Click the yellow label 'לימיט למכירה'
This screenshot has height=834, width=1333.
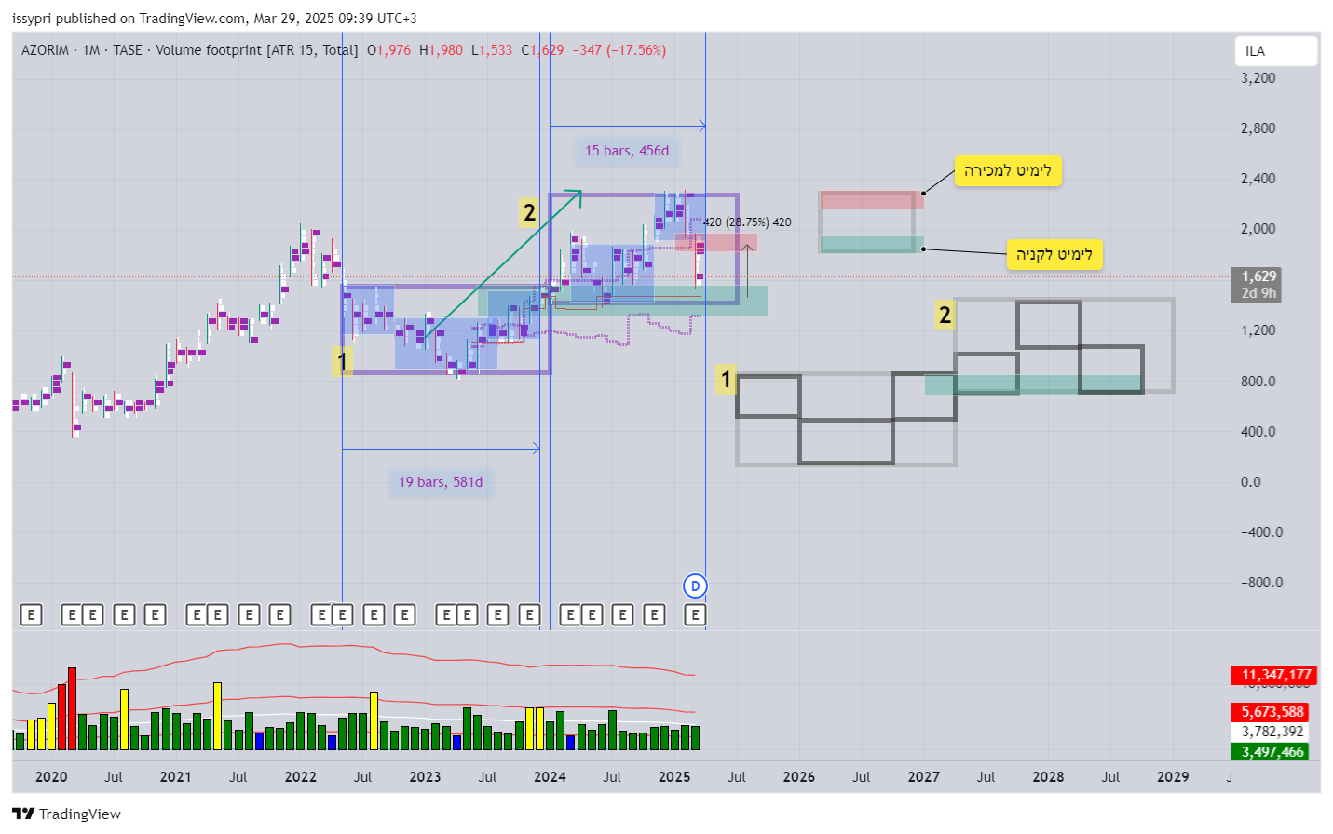point(1007,170)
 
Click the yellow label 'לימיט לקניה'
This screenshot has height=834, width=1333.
point(1054,254)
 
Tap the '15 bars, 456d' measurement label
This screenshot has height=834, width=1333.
point(626,151)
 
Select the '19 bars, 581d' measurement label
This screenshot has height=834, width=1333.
point(441,482)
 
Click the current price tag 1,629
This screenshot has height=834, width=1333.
point(1258,276)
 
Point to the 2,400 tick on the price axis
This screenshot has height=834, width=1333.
point(1258,179)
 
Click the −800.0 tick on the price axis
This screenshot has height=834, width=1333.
point(1261,583)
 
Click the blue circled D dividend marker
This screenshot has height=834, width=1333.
point(695,585)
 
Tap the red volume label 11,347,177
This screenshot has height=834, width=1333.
point(1275,675)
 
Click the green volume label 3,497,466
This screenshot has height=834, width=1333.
point(1272,752)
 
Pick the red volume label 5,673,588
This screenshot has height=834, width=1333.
point(1272,712)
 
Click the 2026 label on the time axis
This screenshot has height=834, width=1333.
point(798,777)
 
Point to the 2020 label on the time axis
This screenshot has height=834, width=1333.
point(50,777)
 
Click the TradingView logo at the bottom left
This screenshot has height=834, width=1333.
point(66,814)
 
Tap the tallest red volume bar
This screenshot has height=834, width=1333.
point(72,707)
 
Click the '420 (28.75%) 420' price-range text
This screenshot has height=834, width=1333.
point(747,222)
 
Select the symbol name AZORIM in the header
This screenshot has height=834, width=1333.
point(45,50)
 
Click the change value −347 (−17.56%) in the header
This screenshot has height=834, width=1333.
point(619,50)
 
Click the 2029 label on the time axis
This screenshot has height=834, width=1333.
point(1172,777)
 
